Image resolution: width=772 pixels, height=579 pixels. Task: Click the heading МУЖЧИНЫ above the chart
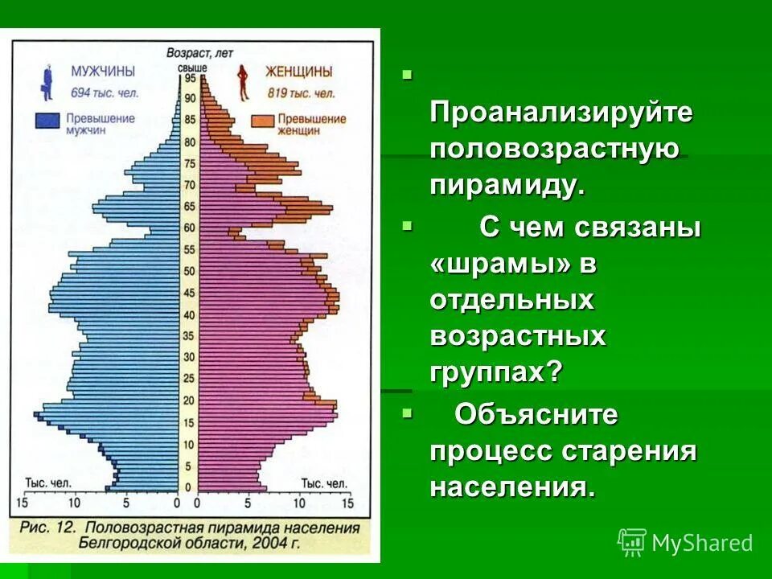103,72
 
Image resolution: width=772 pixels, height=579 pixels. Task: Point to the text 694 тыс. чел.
105,92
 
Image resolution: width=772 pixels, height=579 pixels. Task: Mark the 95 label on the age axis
190,79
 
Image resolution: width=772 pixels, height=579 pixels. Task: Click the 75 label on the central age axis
190,164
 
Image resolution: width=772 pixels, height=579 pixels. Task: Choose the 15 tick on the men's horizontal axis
22,503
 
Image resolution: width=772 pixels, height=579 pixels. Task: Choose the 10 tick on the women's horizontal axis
299,503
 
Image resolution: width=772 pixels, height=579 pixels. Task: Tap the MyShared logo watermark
684,543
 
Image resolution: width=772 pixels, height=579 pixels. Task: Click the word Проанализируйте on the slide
561,112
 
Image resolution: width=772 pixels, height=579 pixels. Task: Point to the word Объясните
536,415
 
